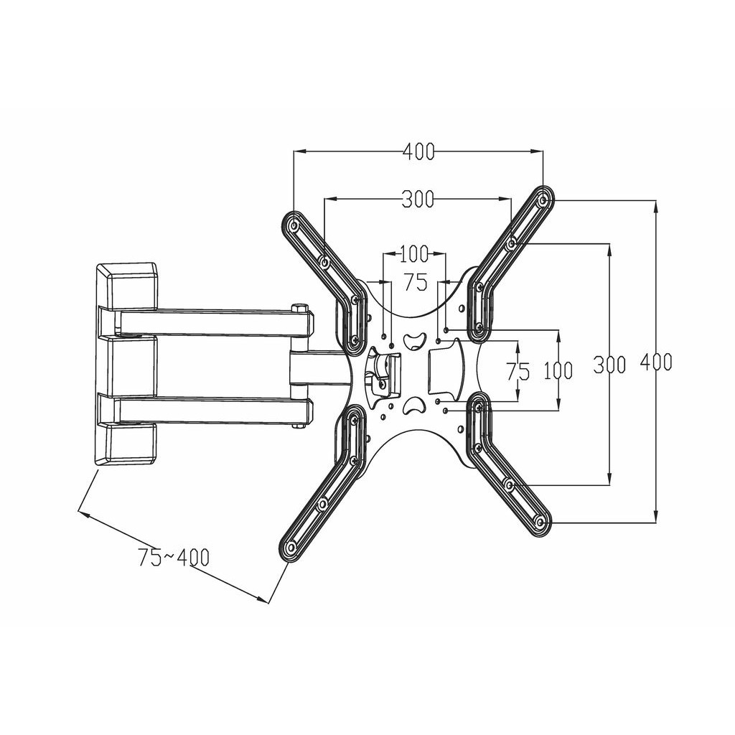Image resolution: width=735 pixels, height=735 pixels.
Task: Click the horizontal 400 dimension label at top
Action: (419, 152)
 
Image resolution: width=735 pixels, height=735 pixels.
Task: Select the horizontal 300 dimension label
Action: (418, 200)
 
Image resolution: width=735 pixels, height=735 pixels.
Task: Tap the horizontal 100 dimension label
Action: (414, 254)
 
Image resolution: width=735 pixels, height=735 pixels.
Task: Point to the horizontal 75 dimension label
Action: (416, 283)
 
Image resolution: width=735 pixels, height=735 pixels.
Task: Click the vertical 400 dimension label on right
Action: (656, 362)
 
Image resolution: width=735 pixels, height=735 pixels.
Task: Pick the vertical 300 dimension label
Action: (609, 364)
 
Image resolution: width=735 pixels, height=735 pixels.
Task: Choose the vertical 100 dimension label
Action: (558, 370)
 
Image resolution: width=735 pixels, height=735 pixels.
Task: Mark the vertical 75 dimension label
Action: (518, 371)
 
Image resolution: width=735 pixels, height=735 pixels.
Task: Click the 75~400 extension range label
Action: (174, 557)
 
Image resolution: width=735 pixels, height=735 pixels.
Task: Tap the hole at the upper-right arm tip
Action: (543, 200)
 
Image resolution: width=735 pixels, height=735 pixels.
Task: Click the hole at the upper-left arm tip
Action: (294, 226)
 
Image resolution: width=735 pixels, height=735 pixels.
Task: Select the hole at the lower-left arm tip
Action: (291, 547)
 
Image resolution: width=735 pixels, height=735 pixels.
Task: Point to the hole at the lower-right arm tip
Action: (540, 522)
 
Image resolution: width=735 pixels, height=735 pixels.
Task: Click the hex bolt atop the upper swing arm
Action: (299, 309)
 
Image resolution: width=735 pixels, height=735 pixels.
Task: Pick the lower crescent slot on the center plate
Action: (413, 407)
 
